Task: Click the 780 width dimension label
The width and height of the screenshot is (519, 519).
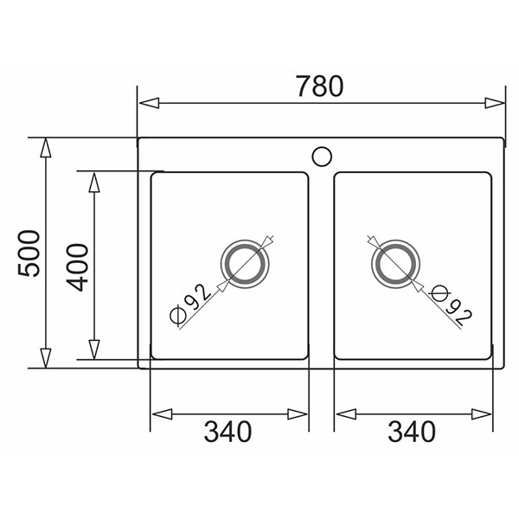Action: click(319, 86)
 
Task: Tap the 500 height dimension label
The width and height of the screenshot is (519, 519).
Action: click(29, 253)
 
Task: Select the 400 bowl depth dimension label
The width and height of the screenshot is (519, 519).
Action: click(78, 267)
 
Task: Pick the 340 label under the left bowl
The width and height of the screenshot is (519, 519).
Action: click(227, 432)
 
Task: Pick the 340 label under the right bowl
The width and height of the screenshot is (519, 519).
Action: click(412, 432)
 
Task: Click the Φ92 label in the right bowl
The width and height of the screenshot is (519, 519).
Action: click(452, 304)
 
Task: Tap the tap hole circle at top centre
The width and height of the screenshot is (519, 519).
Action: click(322, 157)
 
